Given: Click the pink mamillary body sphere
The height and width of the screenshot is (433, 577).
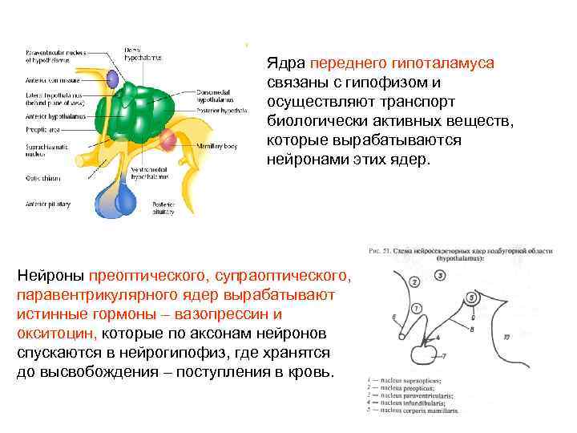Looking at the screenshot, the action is point(167,140).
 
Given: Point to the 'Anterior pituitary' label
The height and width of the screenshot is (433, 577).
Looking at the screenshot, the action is point(46,204).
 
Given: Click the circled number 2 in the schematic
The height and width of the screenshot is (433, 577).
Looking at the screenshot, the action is point(414,281).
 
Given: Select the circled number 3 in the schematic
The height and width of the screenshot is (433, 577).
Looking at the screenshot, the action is point(441,276).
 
